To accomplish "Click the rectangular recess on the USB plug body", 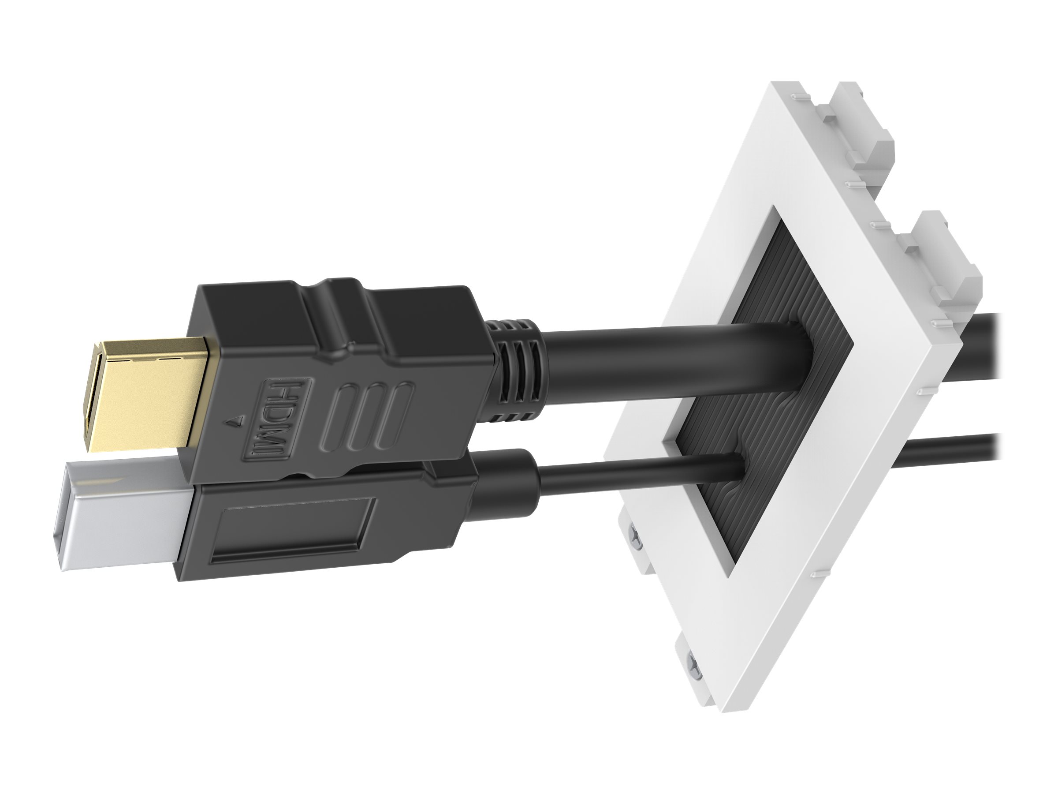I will coord(294,529).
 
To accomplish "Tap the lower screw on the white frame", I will coord(693,663).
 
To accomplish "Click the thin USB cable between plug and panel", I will coord(636,471).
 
